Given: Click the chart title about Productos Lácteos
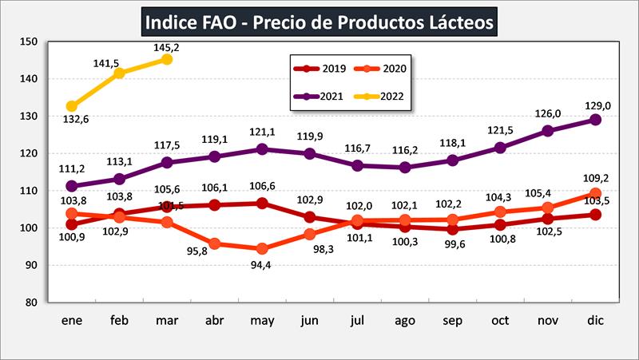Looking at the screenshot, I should (319, 21).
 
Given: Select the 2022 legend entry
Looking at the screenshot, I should (380, 97).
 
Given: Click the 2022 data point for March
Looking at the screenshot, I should (166, 59).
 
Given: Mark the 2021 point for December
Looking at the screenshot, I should (595, 120).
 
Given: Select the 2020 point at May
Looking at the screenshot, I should (260, 248).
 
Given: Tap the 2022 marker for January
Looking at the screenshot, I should (72, 106).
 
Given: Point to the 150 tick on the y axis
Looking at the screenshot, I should (28, 42).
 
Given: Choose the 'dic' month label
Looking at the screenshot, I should (595, 320).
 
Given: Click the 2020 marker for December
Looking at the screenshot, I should (595, 193).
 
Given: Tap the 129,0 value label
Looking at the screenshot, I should (595, 105).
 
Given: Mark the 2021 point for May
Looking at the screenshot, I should (260, 149).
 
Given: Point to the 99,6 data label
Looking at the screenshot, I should (452, 244).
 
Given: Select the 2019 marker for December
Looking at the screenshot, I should (595, 215).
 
